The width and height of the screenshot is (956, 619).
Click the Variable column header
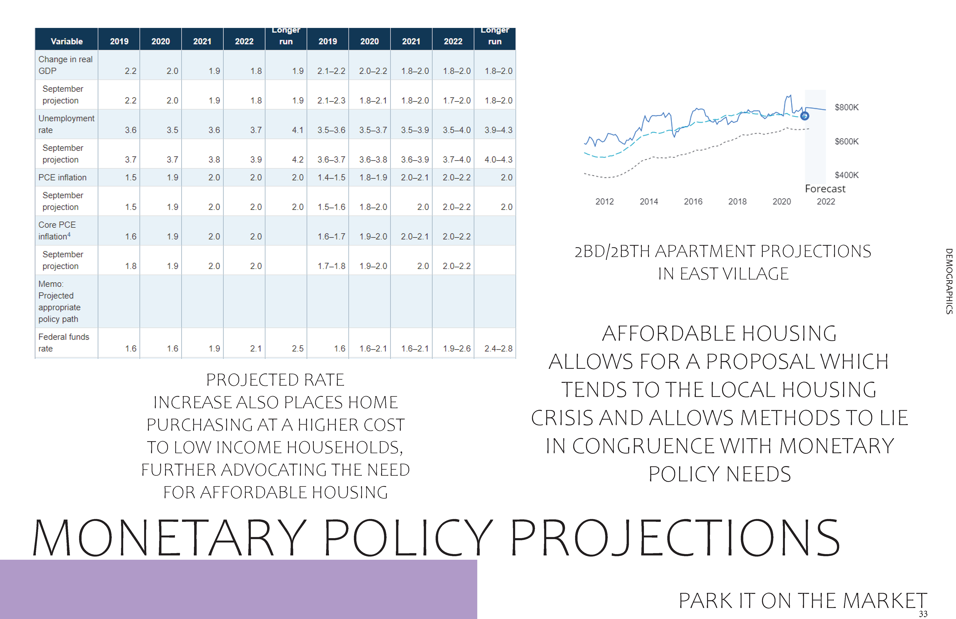(67, 41)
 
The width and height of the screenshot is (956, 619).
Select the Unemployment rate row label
(66, 124)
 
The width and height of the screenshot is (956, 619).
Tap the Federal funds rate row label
(63, 343)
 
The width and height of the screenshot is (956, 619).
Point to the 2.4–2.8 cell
(498, 348)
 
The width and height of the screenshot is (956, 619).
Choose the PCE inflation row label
(62, 177)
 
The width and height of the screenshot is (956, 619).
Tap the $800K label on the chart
(846, 107)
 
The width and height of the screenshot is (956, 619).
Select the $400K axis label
(846, 175)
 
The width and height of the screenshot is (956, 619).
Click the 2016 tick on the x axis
(693, 201)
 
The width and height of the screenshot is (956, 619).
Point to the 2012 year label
(604, 201)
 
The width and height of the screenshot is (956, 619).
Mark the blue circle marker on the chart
(804, 116)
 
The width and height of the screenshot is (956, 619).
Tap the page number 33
(923, 614)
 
